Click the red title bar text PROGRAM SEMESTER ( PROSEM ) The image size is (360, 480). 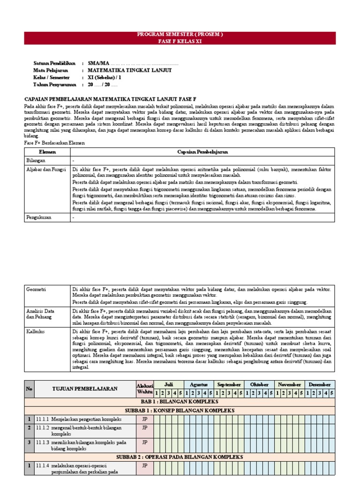click(x=180, y=35)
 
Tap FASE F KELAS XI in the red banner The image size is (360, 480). click(x=180, y=41)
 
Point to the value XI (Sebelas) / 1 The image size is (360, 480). click(x=107, y=77)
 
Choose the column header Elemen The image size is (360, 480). click(x=47, y=152)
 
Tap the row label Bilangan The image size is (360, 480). click(x=36, y=160)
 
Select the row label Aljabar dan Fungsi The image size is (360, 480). click(x=46, y=169)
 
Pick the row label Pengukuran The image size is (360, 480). click(x=39, y=217)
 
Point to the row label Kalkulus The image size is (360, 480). click(x=36, y=331)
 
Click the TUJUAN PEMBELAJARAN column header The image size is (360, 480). click(x=84, y=389)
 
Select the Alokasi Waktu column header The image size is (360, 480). click(x=145, y=388)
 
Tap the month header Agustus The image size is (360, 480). click(x=199, y=384)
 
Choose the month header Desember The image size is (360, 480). click(x=320, y=384)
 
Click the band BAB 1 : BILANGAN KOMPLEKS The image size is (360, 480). click(x=180, y=402)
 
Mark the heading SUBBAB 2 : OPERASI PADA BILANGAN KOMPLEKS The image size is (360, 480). click(x=180, y=457)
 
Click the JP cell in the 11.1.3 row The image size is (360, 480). click(x=145, y=442)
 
